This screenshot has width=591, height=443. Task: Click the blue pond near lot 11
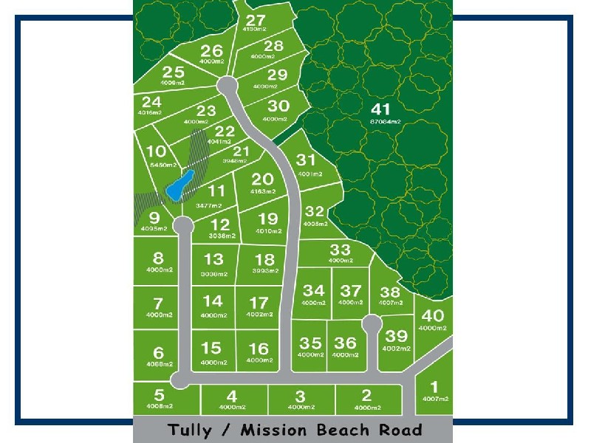click(x=180, y=185)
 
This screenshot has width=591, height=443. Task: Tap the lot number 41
click(x=384, y=108)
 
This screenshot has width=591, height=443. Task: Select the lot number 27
click(x=256, y=20)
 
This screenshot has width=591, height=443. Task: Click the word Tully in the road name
click(x=190, y=430)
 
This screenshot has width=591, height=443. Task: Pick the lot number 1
click(x=434, y=386)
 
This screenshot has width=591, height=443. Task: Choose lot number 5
click(x=159, y=394)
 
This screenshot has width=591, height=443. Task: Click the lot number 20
click(x=262, y=179)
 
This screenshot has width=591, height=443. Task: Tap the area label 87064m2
click(x=384, y=121)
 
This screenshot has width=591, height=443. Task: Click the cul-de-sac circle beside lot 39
click(x=372, y=323)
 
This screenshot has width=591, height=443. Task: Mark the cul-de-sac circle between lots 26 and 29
click(x=227, y=85)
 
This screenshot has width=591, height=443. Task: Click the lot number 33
click(x=340, y=250)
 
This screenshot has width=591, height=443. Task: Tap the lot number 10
click(x=156, y=153)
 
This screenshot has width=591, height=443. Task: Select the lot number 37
click(x=351, y=292)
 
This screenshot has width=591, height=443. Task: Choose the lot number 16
click(x=259, y=349)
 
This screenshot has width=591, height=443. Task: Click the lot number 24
click(x=151, y=102)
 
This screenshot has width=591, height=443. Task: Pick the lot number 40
click(x=433, y=315)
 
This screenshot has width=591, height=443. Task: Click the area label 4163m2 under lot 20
click(x=262, y=191)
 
